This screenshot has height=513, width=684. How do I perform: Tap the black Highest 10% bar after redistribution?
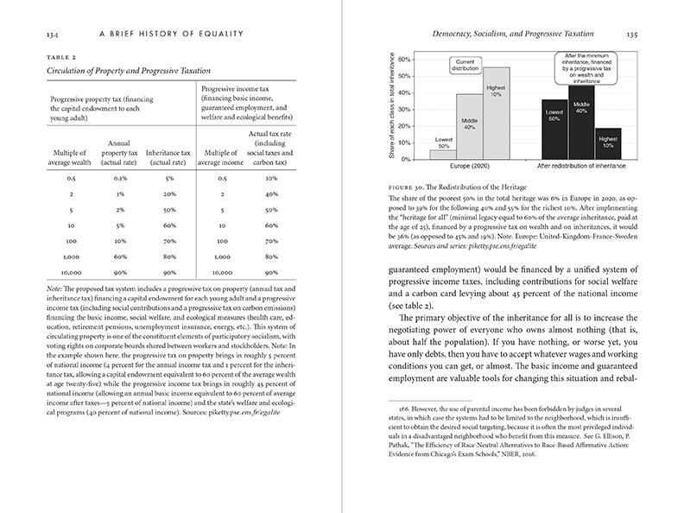pyautogui.click(x=608, y=143)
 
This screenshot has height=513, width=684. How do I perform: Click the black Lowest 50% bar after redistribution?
pyautogui.click(x=554, y=130)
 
